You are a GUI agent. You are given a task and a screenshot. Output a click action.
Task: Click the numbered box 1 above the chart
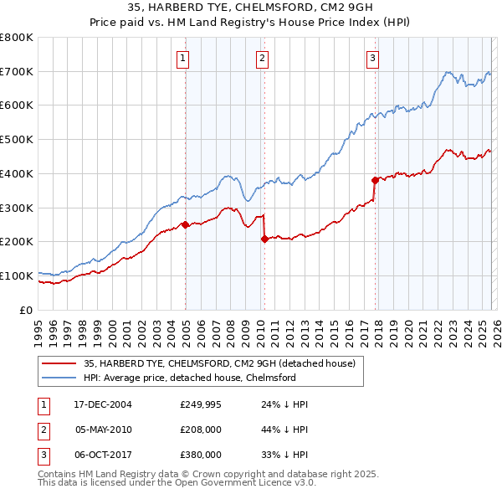[x=182, y=58]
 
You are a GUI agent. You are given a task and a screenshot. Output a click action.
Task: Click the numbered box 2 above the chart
[x=262, y=58]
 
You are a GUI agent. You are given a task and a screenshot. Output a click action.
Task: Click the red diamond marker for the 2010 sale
[x=264, y=239]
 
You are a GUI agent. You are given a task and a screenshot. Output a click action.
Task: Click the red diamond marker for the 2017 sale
[x=374, y=179]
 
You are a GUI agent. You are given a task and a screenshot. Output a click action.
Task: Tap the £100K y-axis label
[x=17, y=275]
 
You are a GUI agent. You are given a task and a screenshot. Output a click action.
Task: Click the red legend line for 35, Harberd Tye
[x=59, y=363]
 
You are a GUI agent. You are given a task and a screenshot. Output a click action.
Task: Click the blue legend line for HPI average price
[x=59, y=378]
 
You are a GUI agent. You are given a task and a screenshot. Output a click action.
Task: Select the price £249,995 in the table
[x=201, y=404]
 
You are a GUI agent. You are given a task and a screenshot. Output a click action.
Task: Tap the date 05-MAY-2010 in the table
[x=104, y=430]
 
